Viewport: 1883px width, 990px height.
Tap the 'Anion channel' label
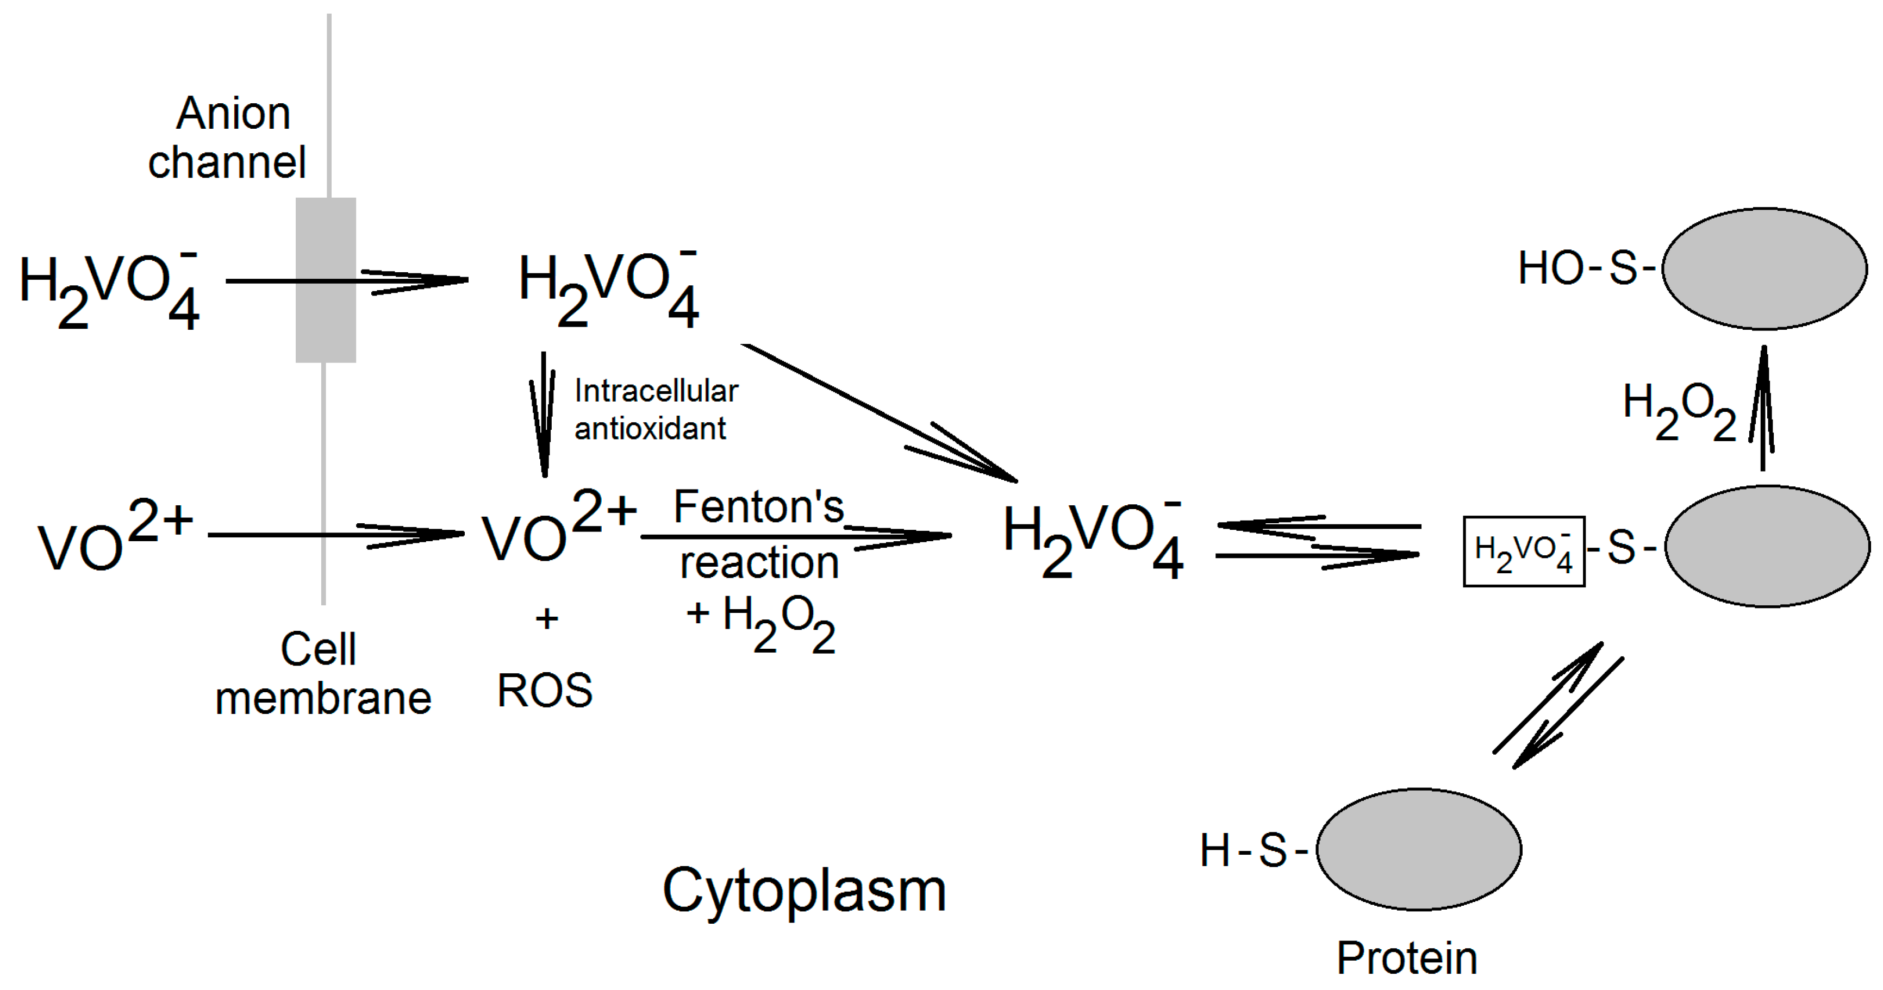(228, 137)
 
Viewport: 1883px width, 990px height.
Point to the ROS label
(545, 691)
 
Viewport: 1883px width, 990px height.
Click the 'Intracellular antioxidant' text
(655, 410)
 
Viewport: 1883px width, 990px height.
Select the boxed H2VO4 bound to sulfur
(1523, 552)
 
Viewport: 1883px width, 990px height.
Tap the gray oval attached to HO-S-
(1764, 269)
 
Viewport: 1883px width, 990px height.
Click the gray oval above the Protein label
(1419, 849)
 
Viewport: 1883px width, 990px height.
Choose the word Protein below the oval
(1406, 958)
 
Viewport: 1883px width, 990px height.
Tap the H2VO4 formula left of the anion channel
(108, 290)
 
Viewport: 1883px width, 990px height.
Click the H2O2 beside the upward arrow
(1678, 411)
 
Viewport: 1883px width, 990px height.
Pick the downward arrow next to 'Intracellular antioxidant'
(543, 413)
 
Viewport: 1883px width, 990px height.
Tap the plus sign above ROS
(547, 619)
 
